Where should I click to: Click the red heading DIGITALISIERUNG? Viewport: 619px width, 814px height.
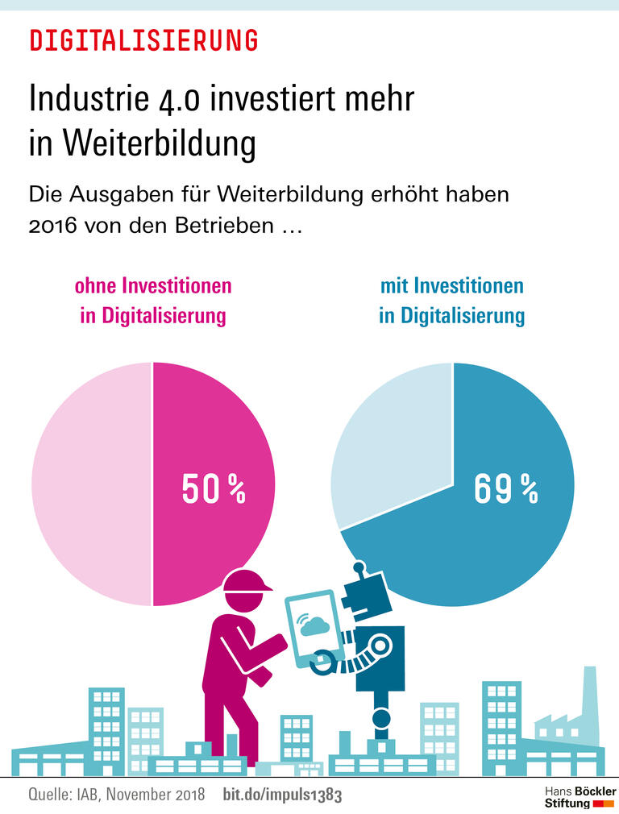tap(143, 39)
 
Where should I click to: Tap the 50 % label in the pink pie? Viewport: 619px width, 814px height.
tap(213, 489)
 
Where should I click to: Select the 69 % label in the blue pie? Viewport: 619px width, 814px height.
tap(505, 489)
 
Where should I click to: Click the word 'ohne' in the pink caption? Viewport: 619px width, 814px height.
tap(96, 285)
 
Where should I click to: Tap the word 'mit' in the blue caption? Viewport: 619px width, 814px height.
tap(395, 285)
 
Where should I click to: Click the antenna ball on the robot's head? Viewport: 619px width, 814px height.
tap(359, 567)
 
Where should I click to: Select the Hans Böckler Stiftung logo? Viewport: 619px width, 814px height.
tap(580, 797)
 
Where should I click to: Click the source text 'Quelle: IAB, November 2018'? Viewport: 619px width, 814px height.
tap(117, 795)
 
